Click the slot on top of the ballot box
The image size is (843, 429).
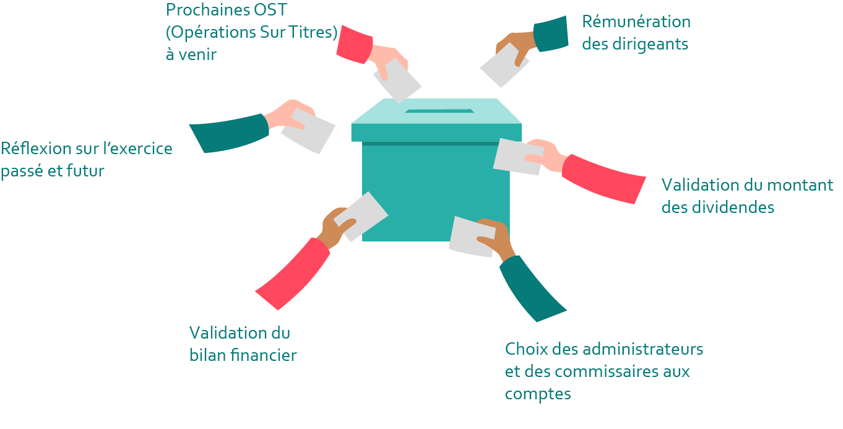pyautogui.click(x=439, y=111)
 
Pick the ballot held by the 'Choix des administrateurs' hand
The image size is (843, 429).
pyautogui.click(x=470, y=236)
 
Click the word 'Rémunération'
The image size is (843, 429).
pyautogui.click(x=636, y=22)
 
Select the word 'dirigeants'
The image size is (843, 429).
pyautogui.click(x=650, y=45)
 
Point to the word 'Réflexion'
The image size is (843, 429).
pyautogui.click(x=36, y=149)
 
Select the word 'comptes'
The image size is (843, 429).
pyautogui.click(x=538, y=394)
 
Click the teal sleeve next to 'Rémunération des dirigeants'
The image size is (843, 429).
pyautogui.click(x=550, y=34)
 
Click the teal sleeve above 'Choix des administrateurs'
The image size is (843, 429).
pyautogui.click(x=532, y=288)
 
